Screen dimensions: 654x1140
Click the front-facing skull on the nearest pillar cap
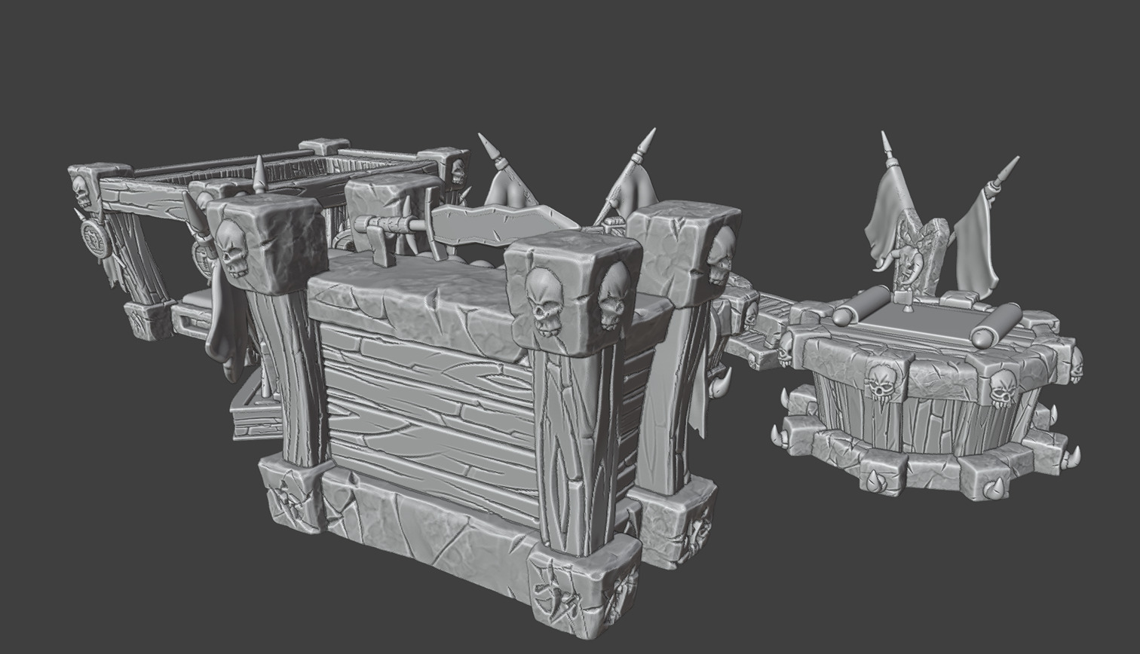point(544,301)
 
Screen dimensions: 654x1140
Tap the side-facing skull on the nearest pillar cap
point(612,295)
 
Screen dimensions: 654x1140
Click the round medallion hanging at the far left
point(96,239)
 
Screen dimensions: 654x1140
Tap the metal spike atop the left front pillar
point(259,175)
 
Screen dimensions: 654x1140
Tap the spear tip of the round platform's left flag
point(887,145)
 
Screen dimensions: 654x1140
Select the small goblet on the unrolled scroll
point(907,304)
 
